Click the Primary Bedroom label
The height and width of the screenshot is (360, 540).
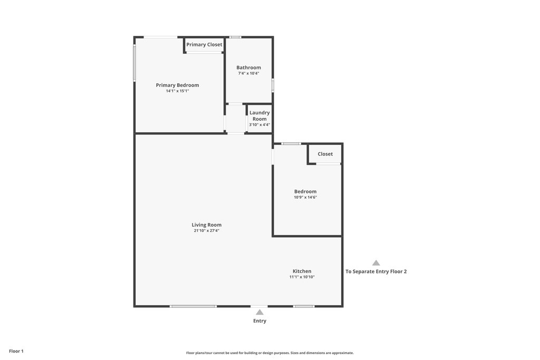click(x=177, y=85)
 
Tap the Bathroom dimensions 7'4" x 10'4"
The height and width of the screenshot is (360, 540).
click(x=249, y=73)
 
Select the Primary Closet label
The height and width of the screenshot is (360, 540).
click(x=204, y=44)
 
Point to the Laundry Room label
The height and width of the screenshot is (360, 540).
click(x=259, y=115)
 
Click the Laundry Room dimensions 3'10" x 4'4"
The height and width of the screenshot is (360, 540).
click(x=259, y=124)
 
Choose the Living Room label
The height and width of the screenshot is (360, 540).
click(x=207, y=225)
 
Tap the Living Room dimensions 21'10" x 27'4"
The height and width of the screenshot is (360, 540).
click(x=207, y=230)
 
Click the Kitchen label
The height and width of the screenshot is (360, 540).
click(x=302, y=271)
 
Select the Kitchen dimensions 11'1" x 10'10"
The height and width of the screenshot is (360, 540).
click(x=302, y=277)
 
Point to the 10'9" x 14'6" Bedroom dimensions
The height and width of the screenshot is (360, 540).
click(x=305, y=198)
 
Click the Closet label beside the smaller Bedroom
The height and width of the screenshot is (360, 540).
click(x=325, y=154)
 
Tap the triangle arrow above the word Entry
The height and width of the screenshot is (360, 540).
click(x=259, y=312)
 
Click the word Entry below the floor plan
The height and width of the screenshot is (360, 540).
click(x=259, y=321)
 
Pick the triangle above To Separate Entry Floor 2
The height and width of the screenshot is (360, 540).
click(x=376, y=263)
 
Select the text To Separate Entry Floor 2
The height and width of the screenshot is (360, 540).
click(x=376, y=271)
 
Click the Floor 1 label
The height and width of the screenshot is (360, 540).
click(x=16, y=351)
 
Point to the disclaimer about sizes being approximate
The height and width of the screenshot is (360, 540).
click(x=270, y=353)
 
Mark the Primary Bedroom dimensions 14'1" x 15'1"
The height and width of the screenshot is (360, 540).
click(x=177, y=91)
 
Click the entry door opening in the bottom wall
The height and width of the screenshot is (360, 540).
click(x=259, y=306)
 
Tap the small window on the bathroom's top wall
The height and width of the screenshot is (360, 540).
click(x=236, y=37)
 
